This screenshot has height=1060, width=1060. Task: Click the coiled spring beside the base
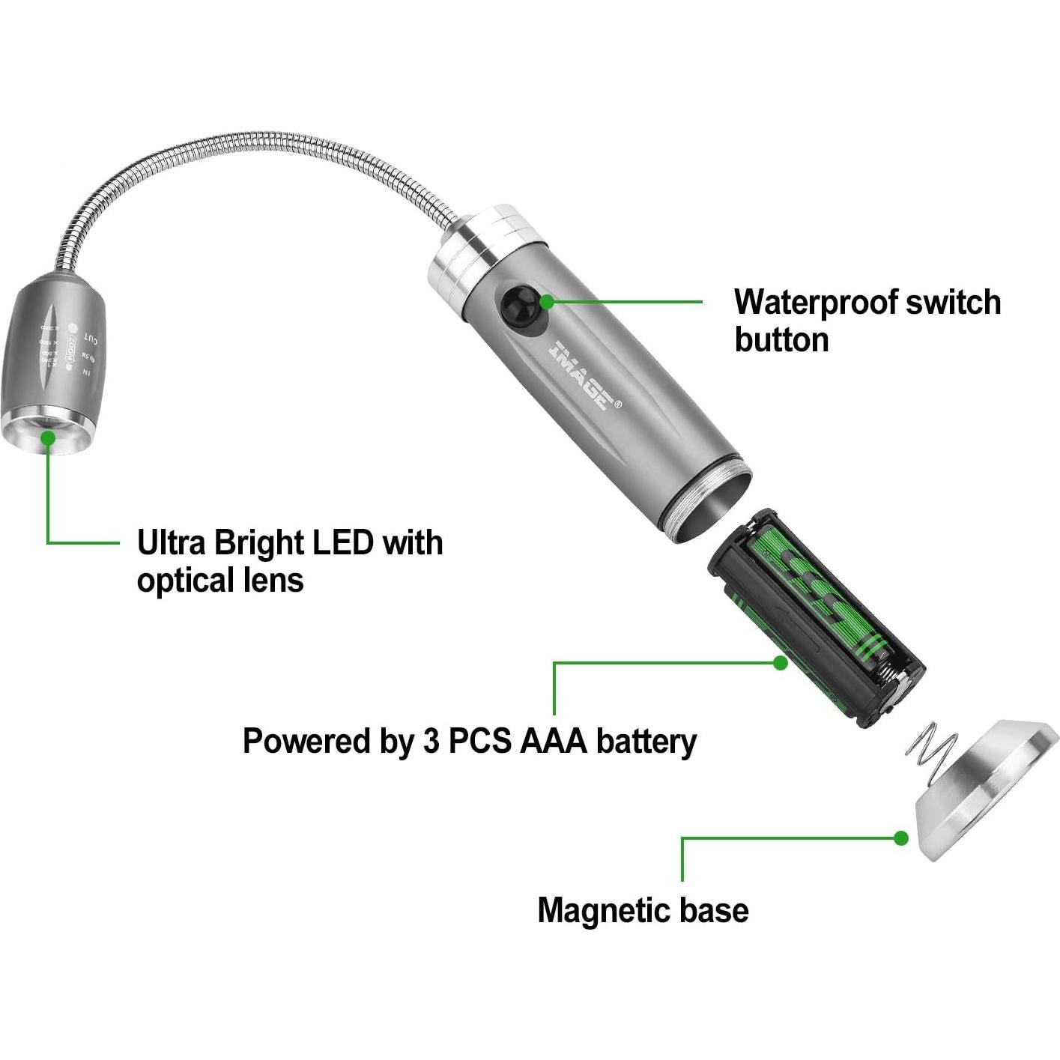click(x=930, y=749)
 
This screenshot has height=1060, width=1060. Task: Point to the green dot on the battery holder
click(x=781, y=662)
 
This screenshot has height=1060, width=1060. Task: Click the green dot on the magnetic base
click(x=901, y=838)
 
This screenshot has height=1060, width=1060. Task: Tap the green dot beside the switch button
click(x=547, y=302)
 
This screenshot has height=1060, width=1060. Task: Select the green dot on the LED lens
click(x=49, y=439)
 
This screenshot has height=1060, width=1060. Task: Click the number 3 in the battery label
click(x=431, y=741)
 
